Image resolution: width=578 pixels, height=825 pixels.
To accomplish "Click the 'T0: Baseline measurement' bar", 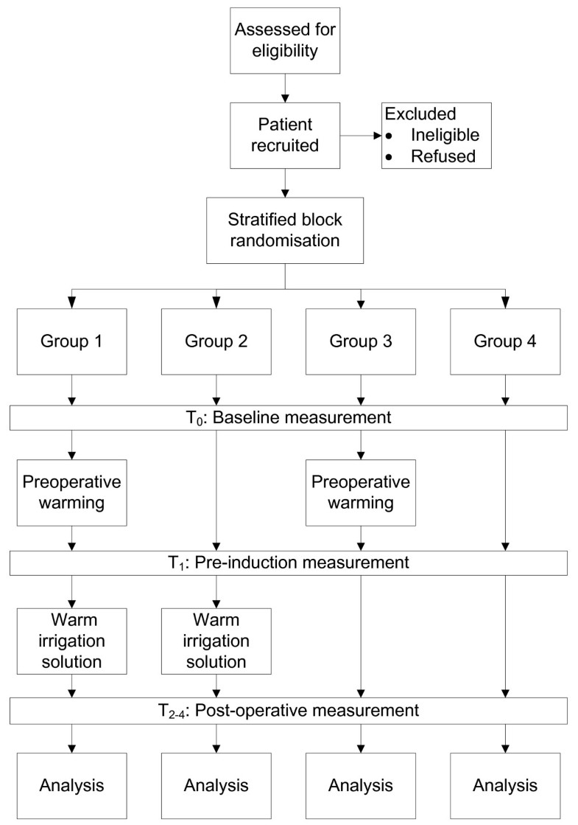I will pos(289,418).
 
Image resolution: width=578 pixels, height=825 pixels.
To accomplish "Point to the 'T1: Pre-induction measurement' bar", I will pos(289,564).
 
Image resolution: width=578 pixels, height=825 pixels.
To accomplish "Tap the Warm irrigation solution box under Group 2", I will pos(216,638).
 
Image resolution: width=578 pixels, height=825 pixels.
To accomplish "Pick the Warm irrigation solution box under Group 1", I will pos(71,638).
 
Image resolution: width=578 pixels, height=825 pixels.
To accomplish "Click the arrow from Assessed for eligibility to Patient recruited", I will pos(284,87).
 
